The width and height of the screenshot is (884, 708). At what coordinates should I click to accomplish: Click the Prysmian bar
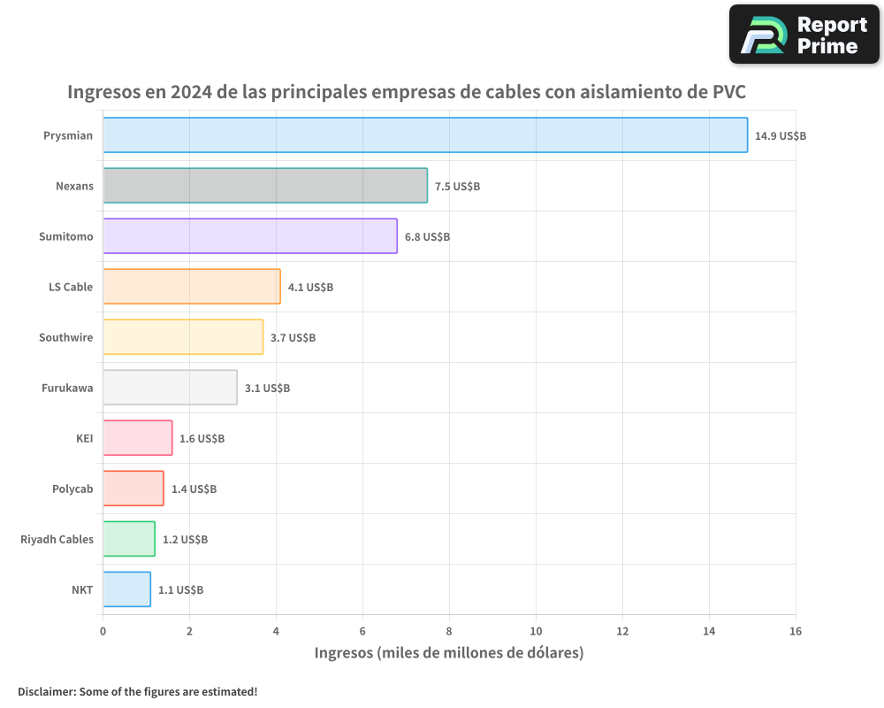click(424, 135)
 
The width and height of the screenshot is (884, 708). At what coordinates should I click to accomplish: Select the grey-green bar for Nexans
click(265, 186)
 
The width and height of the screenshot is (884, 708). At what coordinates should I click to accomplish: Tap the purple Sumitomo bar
click(250, 236)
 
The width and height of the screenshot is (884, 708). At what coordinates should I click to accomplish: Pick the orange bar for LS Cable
click(192, 287)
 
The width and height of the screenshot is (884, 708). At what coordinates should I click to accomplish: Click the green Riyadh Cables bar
click(129, 539)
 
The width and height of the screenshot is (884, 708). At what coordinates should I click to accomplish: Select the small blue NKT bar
click(126, 589)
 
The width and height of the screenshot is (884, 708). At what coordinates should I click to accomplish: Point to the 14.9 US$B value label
click(780, 136)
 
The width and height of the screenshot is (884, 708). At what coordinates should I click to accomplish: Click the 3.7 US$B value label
click(293, 338)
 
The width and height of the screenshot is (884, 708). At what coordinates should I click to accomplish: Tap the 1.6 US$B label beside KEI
click(202, 439)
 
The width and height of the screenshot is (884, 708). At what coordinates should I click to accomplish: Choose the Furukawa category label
click(67, 388)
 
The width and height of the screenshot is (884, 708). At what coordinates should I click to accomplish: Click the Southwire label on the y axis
click(65, 337)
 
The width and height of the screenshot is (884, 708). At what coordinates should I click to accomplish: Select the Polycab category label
click(72, 489)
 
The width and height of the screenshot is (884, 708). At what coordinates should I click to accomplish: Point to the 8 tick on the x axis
click(449, 631)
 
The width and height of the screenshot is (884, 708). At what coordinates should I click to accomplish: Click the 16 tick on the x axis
click(795, 631)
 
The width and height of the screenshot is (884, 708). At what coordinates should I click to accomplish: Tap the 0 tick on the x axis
click(103, 631)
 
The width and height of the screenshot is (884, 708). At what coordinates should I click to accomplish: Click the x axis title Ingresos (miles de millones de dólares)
click(449, 653)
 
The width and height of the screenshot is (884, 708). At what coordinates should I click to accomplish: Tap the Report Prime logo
click(804, 35)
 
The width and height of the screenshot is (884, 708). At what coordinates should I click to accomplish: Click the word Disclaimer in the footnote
click(45, 692)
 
